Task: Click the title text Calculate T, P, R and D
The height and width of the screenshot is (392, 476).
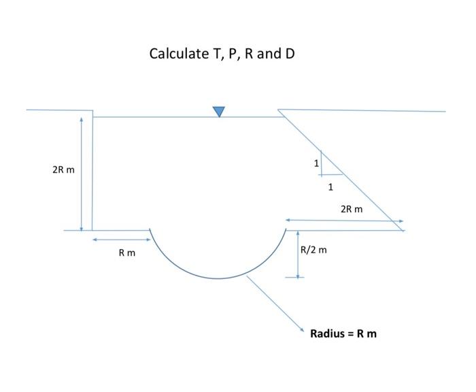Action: coord(222,53)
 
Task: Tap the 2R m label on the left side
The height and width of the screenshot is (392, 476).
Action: coord(63,169)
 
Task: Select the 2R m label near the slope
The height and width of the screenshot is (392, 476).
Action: coord(352,209)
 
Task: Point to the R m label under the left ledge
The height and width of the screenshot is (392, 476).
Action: coord(126,253)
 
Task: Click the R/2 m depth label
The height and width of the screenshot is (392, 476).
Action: coord(313,250)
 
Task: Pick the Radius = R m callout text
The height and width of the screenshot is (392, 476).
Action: coord(343,333)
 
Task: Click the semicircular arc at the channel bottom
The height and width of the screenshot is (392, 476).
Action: coord(218,278)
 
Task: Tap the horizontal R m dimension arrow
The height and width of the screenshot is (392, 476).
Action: coord(122,240)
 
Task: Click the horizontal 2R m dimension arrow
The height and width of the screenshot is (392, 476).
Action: coord(344,220)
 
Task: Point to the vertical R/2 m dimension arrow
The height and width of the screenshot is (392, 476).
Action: coord(297,255)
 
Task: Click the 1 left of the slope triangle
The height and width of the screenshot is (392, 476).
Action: coord(316,163)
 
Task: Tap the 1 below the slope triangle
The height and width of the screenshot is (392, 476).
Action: coord(330,186)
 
